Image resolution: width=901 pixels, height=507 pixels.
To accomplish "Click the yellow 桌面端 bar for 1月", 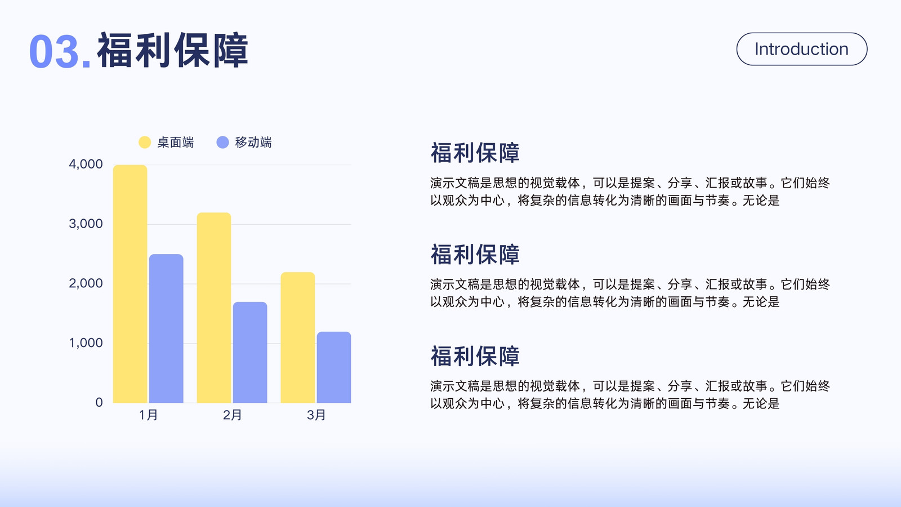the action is click(x=130, y=284).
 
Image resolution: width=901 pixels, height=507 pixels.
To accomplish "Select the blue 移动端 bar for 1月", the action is click(x=166, y=328).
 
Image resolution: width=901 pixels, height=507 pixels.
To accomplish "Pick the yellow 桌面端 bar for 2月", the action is click(x=214, y=308).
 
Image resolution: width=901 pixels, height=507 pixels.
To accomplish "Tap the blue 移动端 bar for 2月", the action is click(x=250, y=352).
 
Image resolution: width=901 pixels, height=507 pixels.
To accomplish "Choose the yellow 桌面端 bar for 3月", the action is click(x=298, y=337).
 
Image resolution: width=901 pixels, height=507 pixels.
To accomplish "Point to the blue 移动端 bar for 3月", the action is click(x=334, y=367).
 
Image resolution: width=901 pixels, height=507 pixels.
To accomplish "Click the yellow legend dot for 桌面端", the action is click(x=144, y=142).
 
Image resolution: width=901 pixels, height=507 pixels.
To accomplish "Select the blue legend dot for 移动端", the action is click(x=222, y=142).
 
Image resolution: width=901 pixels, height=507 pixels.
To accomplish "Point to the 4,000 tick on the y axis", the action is click(x=86, y=164).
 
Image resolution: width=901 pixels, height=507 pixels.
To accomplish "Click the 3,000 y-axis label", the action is click(x=86, y=224).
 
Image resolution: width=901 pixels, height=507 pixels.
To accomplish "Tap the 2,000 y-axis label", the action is click(x=86, y=283).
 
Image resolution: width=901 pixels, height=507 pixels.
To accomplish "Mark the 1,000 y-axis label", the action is click(x=86, y=343).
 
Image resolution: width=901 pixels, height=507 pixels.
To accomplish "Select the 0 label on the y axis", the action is click(x=99, y=402).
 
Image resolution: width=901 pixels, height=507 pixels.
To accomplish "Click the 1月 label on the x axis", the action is click(x=149, y=415).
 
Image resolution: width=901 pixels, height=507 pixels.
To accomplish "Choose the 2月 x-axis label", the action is click(x=232, y=415).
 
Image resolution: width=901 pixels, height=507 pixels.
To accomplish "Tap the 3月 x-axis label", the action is click(x=316, y=415).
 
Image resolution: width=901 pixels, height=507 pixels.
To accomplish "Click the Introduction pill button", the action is click(x=802, y=49).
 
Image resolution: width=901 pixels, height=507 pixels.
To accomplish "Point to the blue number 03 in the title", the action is click(x=54, y=52).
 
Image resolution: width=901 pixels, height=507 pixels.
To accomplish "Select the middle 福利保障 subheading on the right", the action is click(x=475, y=254).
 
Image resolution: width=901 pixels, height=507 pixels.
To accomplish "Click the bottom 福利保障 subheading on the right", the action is click(x=475, y=356).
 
